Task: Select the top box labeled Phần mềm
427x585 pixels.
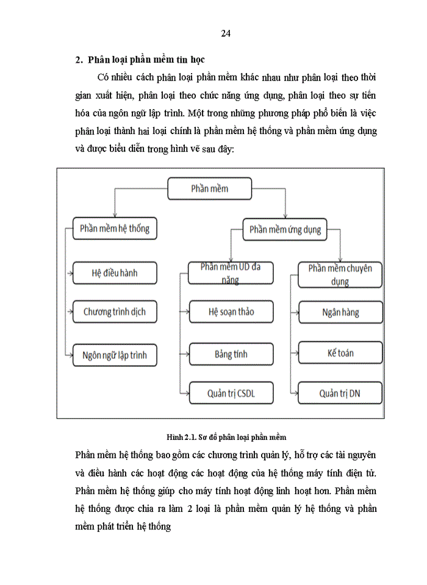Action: pyautogui.click(x=209, y=189)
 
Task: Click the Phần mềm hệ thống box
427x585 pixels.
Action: pyautogui.click(x=114, y=230)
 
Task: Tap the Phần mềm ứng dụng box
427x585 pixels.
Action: pyautogui.click(x=285, y=230)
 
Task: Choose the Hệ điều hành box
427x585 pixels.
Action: pyautogui.click(x=114, y=273)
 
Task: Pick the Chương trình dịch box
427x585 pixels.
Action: pyautogui.click(x=114, y=312)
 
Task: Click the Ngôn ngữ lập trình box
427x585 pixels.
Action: pyautogui.click(x=114, y=354)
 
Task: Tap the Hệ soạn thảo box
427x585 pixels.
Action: pyautogui.click(x=231, y=312)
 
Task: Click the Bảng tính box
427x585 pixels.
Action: pyautogui.click(x=231, y=354)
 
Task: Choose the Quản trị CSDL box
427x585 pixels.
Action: pyautogui.click(x=231, y=393)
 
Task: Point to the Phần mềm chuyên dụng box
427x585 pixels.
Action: pyautogui.click(x=340, y=274)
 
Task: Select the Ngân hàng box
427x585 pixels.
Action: pyautogui.click(x=340, y=313)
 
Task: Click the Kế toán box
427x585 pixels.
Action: pyautogui.click(x=340, y=353)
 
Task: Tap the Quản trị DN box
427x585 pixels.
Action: pyautogui.click(x=340, y=393)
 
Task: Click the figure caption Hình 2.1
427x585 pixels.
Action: pyautogui.click(x=226, y=437)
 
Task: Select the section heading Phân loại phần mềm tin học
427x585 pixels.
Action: pyautogui.click(x=146, y=60)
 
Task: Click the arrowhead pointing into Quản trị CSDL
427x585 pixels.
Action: pyautogui.click(x=186, y=393)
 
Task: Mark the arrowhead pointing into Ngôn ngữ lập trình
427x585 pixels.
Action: pyautogui.click(x=70, y=354)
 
